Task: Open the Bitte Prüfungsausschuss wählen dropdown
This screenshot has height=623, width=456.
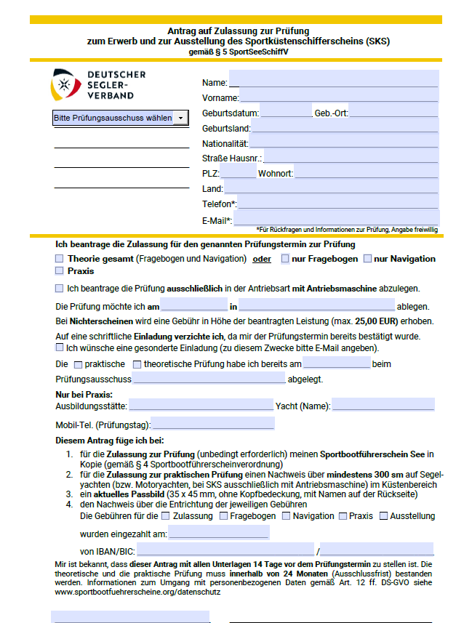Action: (120, 118)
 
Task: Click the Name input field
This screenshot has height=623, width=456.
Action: (333, 79)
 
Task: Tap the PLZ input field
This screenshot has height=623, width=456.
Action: (238, 172)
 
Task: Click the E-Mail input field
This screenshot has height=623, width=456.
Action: (336, 218)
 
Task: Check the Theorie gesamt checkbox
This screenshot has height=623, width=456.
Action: (59, 259)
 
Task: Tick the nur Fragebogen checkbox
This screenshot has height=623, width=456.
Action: (287, 259)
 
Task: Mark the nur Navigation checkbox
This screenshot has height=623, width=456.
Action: (367, 259)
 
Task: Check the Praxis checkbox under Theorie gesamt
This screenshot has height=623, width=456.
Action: (59, 271)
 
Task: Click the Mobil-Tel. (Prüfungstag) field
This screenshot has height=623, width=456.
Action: (212, 424)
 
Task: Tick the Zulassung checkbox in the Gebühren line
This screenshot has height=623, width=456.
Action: (166, 516)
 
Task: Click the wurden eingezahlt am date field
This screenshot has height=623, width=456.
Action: (219, 534)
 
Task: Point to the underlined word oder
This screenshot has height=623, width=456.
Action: (262, 259)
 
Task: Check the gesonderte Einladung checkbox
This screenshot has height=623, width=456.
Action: (59, 348)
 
